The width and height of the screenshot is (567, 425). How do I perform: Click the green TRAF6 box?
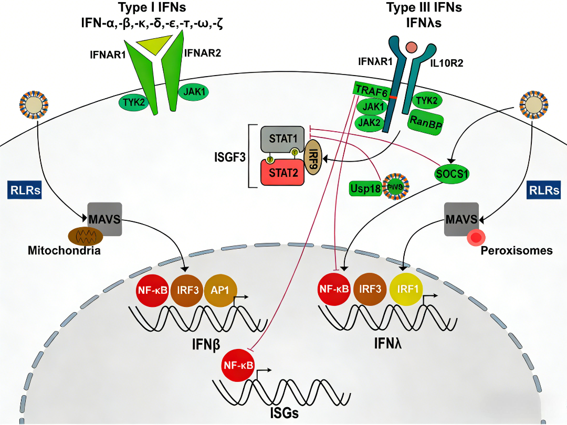[372, 90]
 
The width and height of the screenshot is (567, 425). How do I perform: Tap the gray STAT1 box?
[282, 139]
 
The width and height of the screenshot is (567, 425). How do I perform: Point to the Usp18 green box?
[365, 187]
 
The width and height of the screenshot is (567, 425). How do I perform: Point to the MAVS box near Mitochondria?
[104, 219]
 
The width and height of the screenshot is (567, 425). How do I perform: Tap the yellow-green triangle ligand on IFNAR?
[148, 45]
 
